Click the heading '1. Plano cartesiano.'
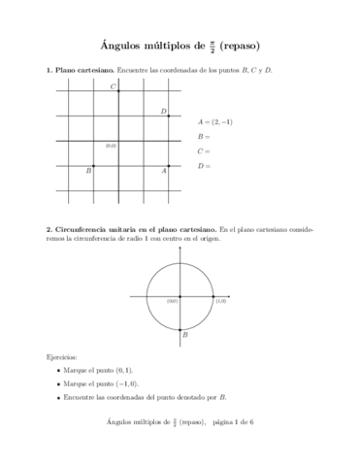click(80, 71)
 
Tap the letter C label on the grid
click(113, 87)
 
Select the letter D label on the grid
click(163, 112)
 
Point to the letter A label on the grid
click(163, 171)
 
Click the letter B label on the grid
click(89, 171)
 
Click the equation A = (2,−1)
click(214, 122)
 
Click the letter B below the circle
click(184, 336)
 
